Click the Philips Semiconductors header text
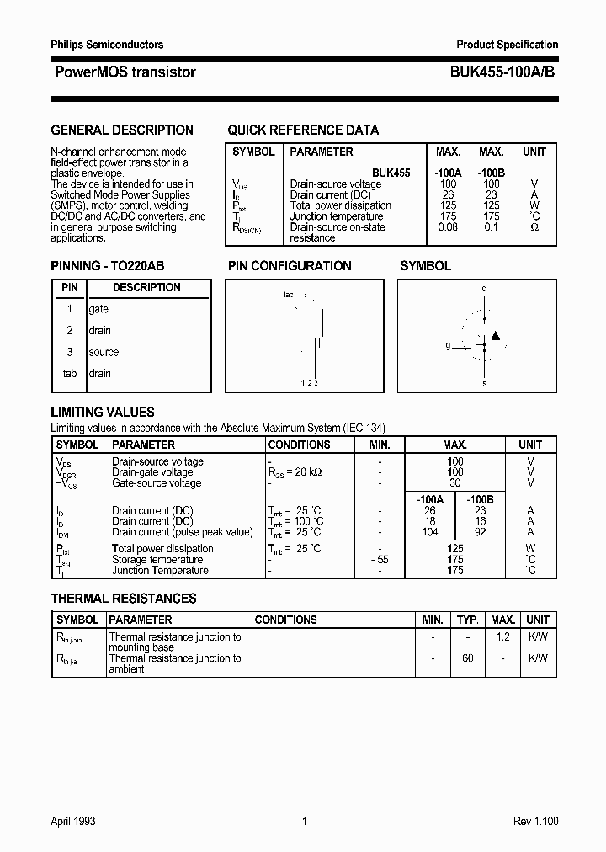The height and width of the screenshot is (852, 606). pyautogui.click(x=107, y=45)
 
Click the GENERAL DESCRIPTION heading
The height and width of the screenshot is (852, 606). pyautogui.click(x=122, y=130)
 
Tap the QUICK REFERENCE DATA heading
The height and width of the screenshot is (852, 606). pyautogui.click(x=303, y=130)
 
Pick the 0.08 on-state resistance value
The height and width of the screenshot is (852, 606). pyautogui.click(x=448, y=227)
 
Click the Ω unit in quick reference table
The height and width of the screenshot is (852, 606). pyautogui.click(x=534, y=227)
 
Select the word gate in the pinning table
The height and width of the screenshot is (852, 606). pyautogui.click(x=98, y=309)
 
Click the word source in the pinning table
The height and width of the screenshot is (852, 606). pyautogui.click(x=104, y=352)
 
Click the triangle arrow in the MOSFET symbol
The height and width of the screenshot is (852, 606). pyautogui.click(x=495, y=336)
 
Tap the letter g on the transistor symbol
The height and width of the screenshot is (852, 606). pyautogui.click(x=449, y=346)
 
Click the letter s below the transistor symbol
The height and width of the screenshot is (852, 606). pyautogui.click(x=484, y=383)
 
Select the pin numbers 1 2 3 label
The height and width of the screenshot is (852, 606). pyautogui.click(x=310, y=384)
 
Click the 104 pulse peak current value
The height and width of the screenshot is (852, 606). pyautogui.click(x=430, y=532)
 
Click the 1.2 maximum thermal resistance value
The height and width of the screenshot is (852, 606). pyautogui.click(x=502, y=637)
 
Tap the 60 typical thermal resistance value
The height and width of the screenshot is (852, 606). pyautogui.click(x=467, y=658)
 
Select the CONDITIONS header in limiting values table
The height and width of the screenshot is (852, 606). pyautogui.click(x=299, y=445)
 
